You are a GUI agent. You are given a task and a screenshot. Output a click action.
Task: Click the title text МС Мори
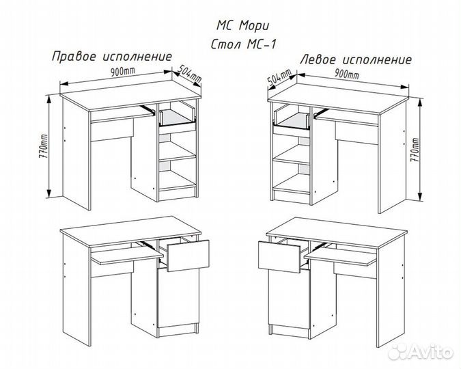pos(243,26)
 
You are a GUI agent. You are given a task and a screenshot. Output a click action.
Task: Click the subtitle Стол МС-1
pos(243,44)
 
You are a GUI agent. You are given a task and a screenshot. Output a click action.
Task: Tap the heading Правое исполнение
pos(112,56)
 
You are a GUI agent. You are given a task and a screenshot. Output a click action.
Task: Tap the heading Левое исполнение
pos(356,59)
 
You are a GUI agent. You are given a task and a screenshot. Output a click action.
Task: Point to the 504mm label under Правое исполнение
pos(190,74)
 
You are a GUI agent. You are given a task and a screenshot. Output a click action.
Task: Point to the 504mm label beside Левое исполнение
pos(279,78)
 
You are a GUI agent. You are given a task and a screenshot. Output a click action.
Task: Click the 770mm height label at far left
pos(43,151)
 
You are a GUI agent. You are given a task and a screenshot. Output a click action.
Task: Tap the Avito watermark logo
pos(421,352)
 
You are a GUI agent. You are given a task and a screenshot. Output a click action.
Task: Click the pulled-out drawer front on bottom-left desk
pos(188,256)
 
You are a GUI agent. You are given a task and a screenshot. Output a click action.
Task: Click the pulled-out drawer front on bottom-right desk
pos(279,256)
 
